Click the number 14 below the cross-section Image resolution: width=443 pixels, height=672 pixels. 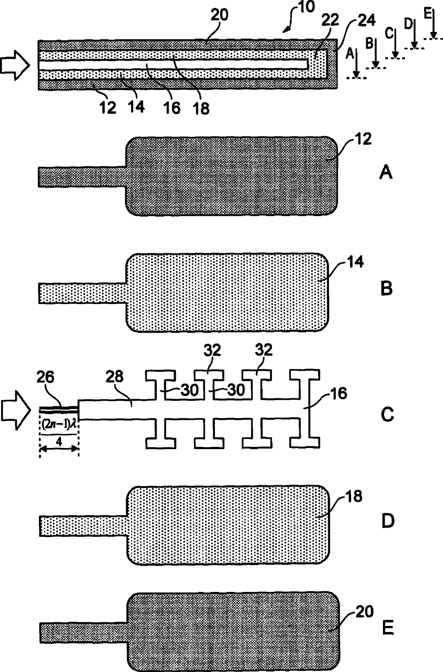(136, 106)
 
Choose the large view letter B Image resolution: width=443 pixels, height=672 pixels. (387, 289)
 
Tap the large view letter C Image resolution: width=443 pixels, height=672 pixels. (387, 415)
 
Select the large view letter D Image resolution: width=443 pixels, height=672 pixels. (388, 521)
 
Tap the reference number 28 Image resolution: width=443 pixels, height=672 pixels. (114, 377)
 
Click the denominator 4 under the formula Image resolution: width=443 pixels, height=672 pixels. (59, 442)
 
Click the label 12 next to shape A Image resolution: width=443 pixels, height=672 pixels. (363, 139)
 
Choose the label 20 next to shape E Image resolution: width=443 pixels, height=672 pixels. (364, 611)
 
